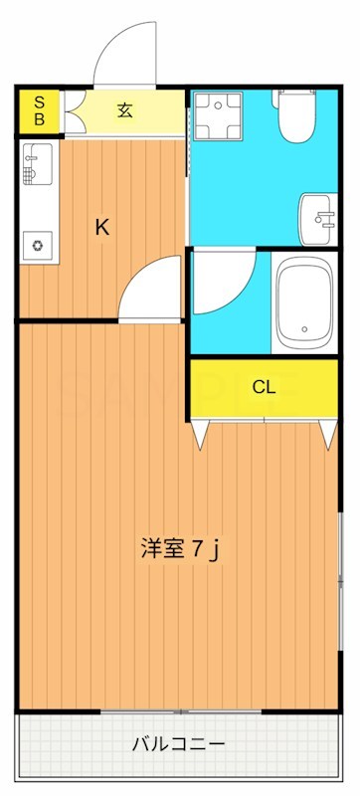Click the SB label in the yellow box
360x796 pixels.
click(x=39, y=110)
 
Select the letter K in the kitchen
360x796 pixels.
click(x=101, y=227)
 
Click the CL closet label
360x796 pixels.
click(x=264, y=387)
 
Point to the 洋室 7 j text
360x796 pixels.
click(x=180, y=549)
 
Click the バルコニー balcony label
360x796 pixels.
click(x=179, y=744)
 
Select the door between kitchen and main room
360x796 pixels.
click(x=149, y=292)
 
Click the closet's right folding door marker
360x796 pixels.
click(x=325, y=430)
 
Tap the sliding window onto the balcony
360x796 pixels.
click(x=181, y=711)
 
